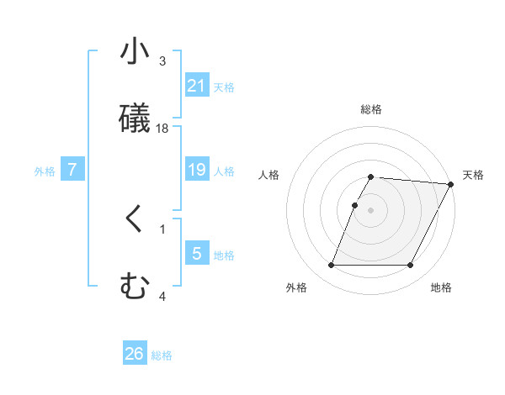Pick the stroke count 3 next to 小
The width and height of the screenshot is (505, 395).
(162, 61)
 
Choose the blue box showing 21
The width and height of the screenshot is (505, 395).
(197, 86)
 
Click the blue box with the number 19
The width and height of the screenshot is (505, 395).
(197, 170)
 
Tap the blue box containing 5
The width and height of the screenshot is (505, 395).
(197, 253)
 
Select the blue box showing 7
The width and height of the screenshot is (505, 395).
(72, 170)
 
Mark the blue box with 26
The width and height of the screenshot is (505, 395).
(135, 354)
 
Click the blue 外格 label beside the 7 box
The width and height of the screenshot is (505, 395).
(45, 171)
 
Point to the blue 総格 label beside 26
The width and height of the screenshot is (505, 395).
(162, 355)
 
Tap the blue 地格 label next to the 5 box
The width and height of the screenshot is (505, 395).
(224, 255)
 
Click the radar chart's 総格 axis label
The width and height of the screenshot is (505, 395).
(371, 109)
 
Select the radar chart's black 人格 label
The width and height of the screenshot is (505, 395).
(269, 175)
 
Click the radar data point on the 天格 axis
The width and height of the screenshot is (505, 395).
(451, 184)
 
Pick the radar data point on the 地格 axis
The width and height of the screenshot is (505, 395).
(411, 266)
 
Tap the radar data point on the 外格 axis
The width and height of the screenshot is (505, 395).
(331, 266)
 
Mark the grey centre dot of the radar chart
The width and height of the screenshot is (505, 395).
(371, 209)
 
